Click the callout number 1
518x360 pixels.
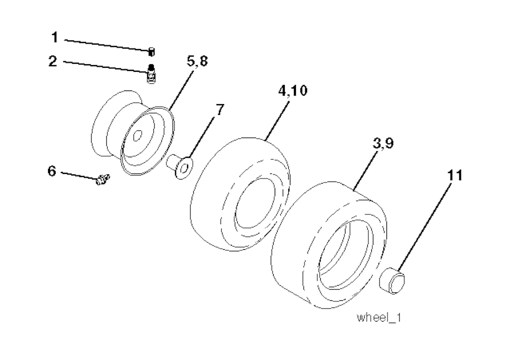pos(55,37)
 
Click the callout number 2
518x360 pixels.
pos(53,61)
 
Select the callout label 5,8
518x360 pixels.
pos(197,61)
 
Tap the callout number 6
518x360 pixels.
pos(52,171)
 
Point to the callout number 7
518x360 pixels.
pos(220,110)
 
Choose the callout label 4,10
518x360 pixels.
pos(293,90)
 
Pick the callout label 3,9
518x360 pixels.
pos(383,143)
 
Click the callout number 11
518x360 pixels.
pos(455,175)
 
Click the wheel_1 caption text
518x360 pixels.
pos(379,318)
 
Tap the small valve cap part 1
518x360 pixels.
pos(151,52)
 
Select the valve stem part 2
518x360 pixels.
pos(151,74)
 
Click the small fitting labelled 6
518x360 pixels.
pos(102,179)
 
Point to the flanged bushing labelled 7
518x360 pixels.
pos(180,166)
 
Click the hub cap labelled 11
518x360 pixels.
pos(393,281)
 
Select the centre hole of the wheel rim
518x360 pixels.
pos(137,135)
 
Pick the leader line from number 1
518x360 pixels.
pos(106,45)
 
